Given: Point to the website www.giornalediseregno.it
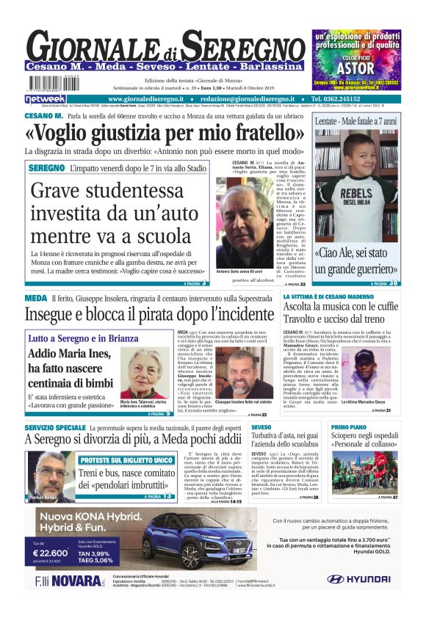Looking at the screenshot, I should (149, 98).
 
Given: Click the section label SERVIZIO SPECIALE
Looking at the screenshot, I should (55, 427).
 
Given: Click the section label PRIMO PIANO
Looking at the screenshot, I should (349, 427).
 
